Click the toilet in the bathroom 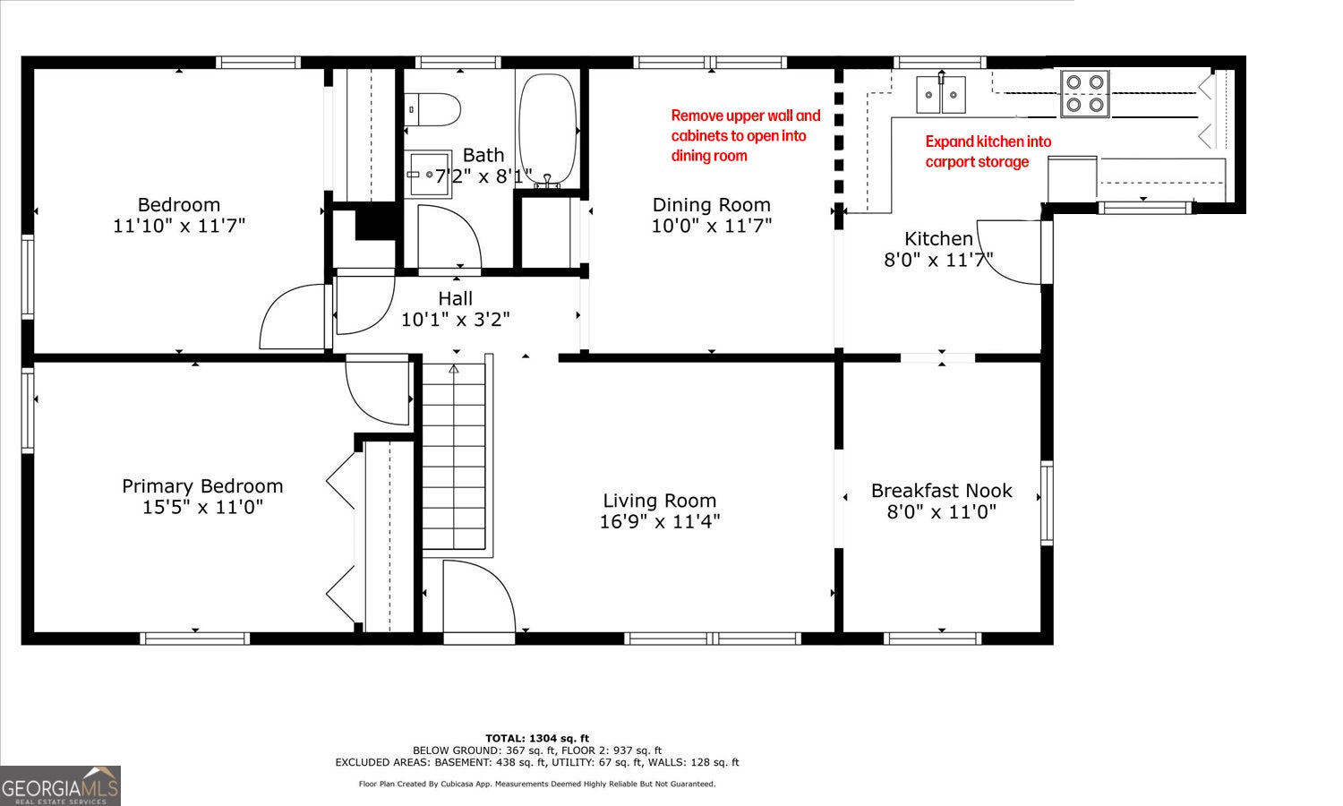click(x=432, y=110)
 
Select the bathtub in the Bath click(x=548, y=130)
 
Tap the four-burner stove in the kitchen click(x=1084, y=93)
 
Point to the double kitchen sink click(x=941, y=94)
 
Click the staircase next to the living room click(x=454, y=458)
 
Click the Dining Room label click(x=711, y=205)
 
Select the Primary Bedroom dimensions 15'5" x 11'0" click(x=202, y=508)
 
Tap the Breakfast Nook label click(x=941, y=491)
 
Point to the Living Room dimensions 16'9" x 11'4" click(x=660, y=522)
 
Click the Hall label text click(x=455, y=298)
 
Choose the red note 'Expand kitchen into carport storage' click(x=988, y=151)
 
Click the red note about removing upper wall click(x=745, y=135)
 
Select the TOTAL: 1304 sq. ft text click(x=537, y=738)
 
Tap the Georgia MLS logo click(x=60, y=785)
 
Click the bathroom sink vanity click(x=427, y=174)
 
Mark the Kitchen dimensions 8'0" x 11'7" click(x=938, y=261)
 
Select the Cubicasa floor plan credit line click(x=537, y=784)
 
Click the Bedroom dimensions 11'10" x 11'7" click(x=179, y=226)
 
